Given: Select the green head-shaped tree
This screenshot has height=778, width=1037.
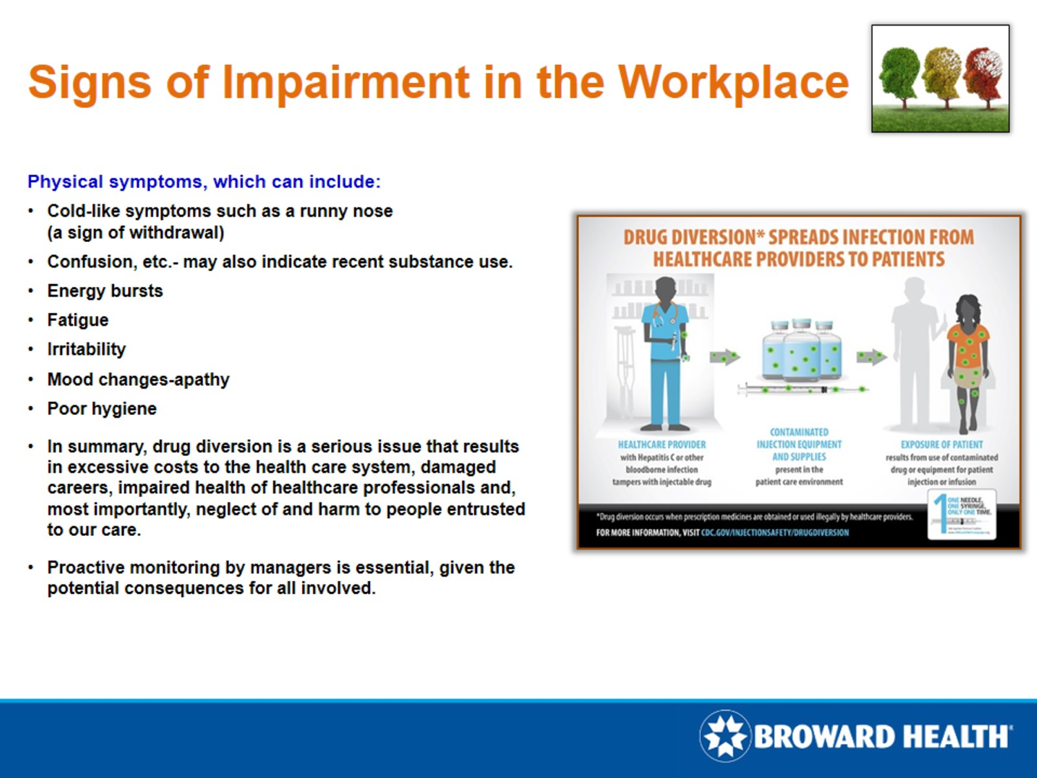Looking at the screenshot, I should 899,76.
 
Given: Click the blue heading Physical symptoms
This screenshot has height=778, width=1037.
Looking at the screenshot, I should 203,182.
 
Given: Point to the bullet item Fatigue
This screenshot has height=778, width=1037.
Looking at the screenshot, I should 77,320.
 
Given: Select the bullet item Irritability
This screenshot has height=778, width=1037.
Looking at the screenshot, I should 86,349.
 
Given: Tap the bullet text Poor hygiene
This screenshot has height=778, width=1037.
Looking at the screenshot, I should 102,409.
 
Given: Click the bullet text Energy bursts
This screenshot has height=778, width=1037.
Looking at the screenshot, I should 105,291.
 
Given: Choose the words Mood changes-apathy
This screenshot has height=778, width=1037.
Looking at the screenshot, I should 138,380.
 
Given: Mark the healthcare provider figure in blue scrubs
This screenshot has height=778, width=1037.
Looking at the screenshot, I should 665,353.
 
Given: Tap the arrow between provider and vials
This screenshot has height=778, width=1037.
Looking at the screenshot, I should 724,358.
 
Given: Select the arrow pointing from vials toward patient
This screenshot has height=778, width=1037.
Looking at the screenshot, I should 871,358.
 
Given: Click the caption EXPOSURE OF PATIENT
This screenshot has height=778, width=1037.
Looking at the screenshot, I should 942,445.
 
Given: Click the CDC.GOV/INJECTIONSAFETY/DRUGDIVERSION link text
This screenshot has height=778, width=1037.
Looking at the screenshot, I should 775,532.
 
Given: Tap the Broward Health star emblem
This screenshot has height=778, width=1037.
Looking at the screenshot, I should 725,736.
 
